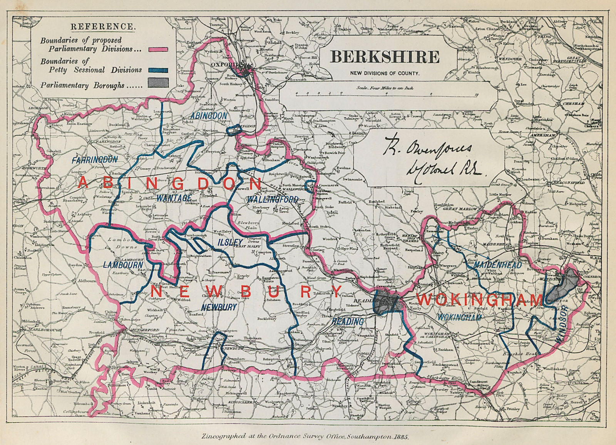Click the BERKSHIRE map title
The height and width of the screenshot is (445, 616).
click(385, 57)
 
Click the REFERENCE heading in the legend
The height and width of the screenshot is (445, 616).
click(103, 27)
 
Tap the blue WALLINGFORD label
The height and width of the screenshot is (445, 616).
click(273, 199)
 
